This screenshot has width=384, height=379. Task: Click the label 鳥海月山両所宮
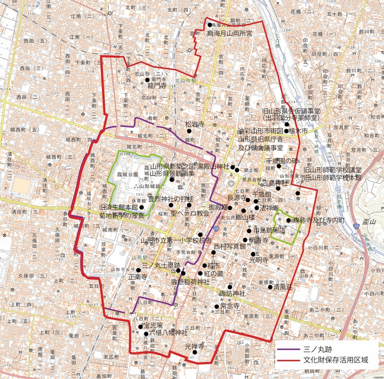click(229, 34)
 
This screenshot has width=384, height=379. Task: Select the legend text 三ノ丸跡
click(318, 350)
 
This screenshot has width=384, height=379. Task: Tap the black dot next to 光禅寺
click(194, 353)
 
